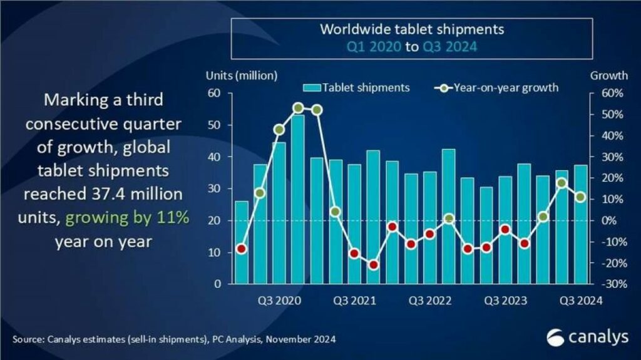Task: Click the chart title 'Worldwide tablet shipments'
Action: [x=412, y=29]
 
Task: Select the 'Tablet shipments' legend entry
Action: [x=365, y=88]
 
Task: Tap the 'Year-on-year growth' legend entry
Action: [x=506, y=88]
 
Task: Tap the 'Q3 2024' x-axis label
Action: [x=580, y=301]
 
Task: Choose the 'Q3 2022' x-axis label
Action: [x=430, y=301]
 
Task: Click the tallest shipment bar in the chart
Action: [x=298, y=199]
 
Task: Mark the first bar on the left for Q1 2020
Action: [x=241, y=242]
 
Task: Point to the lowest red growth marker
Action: [x=374, y=265]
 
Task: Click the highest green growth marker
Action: [x=298, y=108]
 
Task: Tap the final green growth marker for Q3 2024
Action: [x=581, y=197]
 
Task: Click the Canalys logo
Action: [x=587, y=337]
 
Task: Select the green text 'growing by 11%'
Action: [x=127, y=219]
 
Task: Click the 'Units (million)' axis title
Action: [x=241, y=76]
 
